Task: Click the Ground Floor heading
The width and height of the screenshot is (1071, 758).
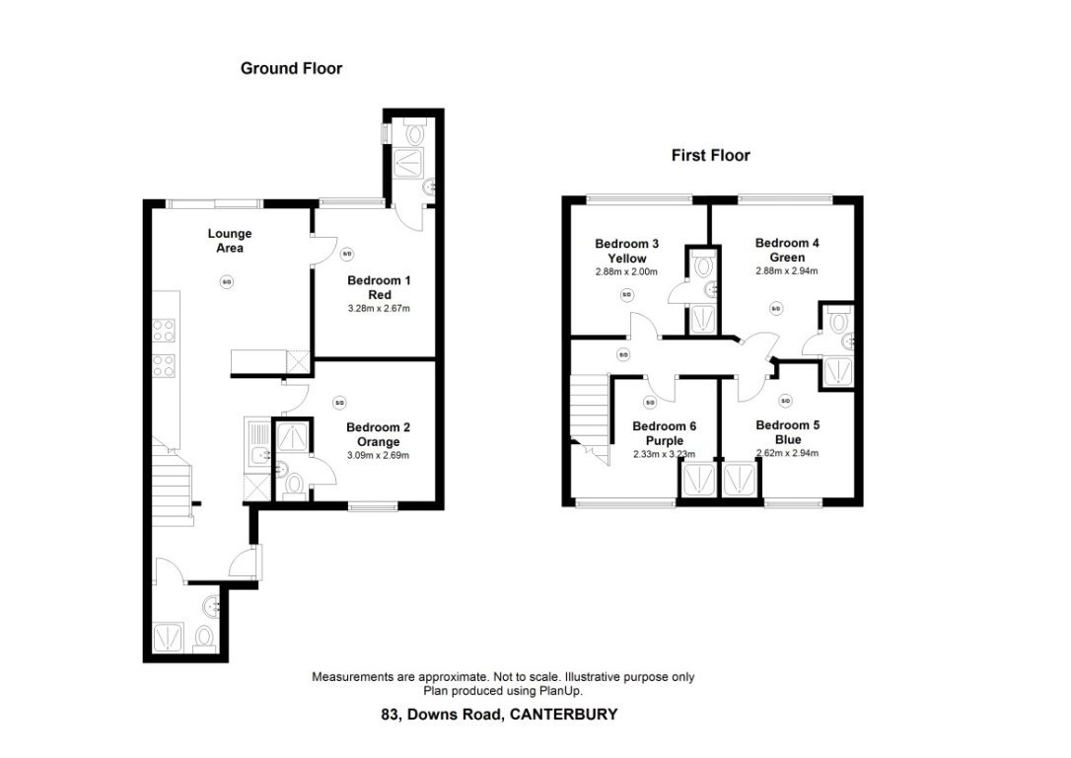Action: tap(291, 69)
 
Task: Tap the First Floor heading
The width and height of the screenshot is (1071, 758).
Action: tap(710, 155)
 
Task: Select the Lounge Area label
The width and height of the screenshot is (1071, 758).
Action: tap(229, 241)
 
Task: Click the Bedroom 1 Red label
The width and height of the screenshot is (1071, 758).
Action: tap(379, 287)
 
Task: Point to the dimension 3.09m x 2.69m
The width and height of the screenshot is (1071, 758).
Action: tap(378, 455)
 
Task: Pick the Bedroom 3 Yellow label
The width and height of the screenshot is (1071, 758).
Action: tap(626, 250)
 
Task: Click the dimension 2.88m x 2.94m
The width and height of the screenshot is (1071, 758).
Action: tap(787, 270)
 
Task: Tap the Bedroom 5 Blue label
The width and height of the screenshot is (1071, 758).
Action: tap(787, 431)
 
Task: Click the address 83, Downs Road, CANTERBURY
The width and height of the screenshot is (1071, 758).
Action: tap(499, 714)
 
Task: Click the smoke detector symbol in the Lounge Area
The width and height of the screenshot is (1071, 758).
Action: tap(226, 282)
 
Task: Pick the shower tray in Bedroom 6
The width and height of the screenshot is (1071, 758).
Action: tap(695, 481)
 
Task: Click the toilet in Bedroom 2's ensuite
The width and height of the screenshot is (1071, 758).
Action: tap(293, 484)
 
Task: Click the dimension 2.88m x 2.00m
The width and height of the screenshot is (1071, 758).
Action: tap(626, 271)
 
